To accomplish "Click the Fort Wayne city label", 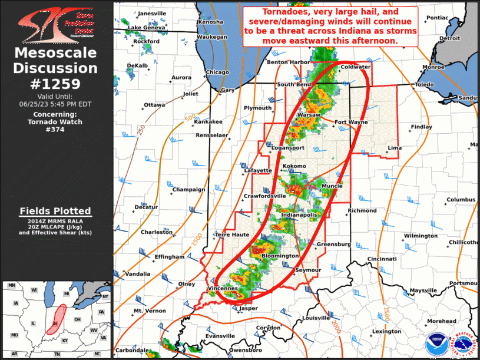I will [351, 123].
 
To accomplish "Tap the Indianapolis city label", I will [300, 216].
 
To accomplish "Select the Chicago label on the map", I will [217, 72].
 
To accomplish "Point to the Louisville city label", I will [316, 318].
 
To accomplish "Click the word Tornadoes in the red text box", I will [270, 11].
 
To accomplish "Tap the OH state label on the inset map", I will [77, 319].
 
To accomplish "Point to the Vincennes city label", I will [223, 288].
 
